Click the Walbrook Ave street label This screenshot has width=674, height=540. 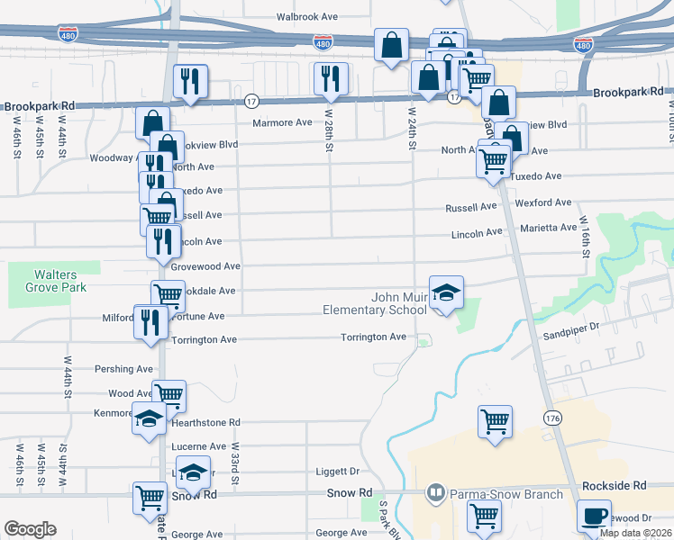click(x=306, y=17)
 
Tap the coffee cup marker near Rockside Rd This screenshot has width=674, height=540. click(x=593, y=515)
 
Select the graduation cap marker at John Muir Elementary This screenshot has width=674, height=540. click(x=446, y=292)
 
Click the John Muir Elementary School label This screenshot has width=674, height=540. click(x=375, y=303)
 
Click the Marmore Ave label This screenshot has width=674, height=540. click(x=281, y=122)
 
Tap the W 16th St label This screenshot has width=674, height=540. click(x=584, y=237)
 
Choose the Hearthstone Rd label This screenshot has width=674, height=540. click(x=205, y=421)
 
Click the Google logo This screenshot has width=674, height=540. click(x=30, y=529)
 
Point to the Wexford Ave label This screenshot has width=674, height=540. click(x=544, y=203)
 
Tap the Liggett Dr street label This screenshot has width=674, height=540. click(x=338, y=471)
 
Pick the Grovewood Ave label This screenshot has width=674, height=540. click(x=206, y=266)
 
